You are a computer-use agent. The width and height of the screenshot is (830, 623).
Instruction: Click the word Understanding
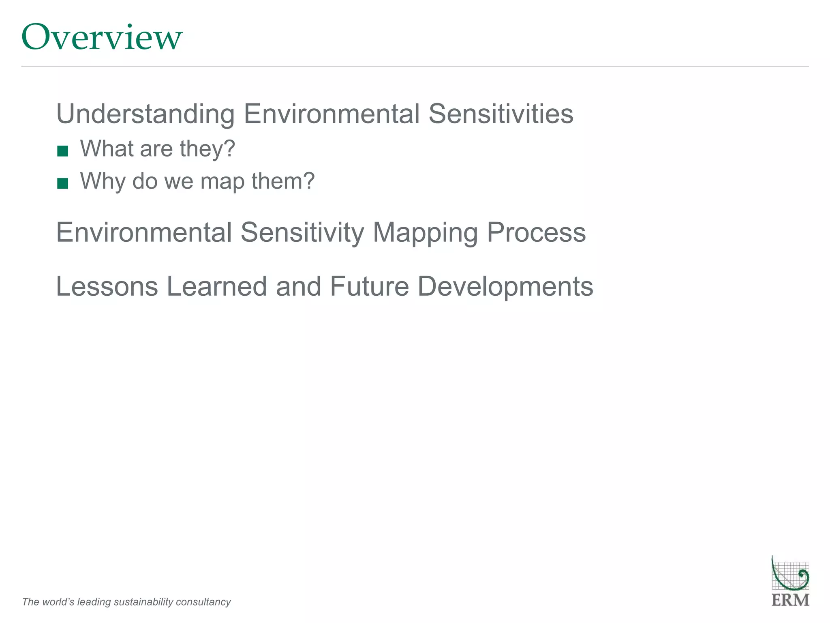(x=145, y=114)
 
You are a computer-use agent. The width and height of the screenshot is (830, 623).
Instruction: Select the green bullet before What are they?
(x=62, y=152)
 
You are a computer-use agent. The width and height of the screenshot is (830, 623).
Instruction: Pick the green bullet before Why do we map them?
(x=62, y=184)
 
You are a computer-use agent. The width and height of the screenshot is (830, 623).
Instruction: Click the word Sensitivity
(x=302, y=233)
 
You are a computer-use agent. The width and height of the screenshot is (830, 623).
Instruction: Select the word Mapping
(x=425, y=233)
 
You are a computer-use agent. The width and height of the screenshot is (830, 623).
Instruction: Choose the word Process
(x=536, y=232)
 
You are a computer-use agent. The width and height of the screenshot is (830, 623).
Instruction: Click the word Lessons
(x=107, y=286)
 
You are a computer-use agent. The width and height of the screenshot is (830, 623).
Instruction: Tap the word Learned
(x=217, y=286)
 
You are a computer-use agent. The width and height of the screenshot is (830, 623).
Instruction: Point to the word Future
(x=369, y=286)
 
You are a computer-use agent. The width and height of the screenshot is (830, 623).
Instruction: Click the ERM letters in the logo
(x=790, y=600)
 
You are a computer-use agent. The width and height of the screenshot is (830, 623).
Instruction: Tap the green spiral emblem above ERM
(x=790, y=574)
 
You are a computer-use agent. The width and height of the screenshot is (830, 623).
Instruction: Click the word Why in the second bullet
(x=103, y=181)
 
